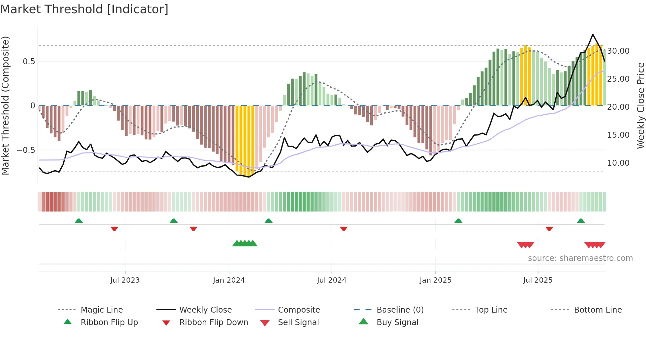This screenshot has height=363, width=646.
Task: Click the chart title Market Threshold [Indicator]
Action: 84,9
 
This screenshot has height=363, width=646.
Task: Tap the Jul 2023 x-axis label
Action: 125,280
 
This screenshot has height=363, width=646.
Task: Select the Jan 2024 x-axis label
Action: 229,280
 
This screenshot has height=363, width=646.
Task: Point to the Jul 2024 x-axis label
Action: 332,280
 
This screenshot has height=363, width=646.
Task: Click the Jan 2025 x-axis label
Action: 435,280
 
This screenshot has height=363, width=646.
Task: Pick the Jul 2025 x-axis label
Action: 538,280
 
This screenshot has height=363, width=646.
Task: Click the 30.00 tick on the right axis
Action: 618,51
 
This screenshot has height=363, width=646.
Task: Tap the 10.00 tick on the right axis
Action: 618,163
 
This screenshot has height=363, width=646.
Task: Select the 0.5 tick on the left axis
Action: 29,62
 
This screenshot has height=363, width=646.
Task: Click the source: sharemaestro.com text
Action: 580,258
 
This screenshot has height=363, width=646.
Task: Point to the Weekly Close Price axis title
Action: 640,105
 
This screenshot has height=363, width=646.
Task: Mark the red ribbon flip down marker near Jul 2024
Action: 344,229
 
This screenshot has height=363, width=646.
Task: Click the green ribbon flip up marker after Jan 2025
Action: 458,221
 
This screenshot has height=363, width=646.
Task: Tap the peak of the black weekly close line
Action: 593,35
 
